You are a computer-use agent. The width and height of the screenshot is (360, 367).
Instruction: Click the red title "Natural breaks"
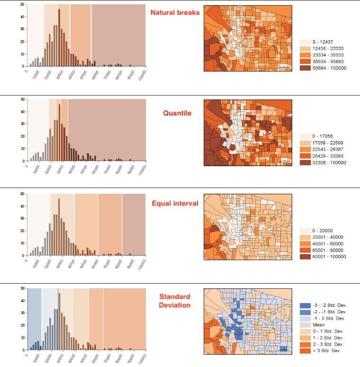175,12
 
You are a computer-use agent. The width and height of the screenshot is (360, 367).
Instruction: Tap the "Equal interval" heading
175,204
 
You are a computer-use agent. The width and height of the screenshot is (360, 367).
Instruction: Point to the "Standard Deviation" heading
175,301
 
